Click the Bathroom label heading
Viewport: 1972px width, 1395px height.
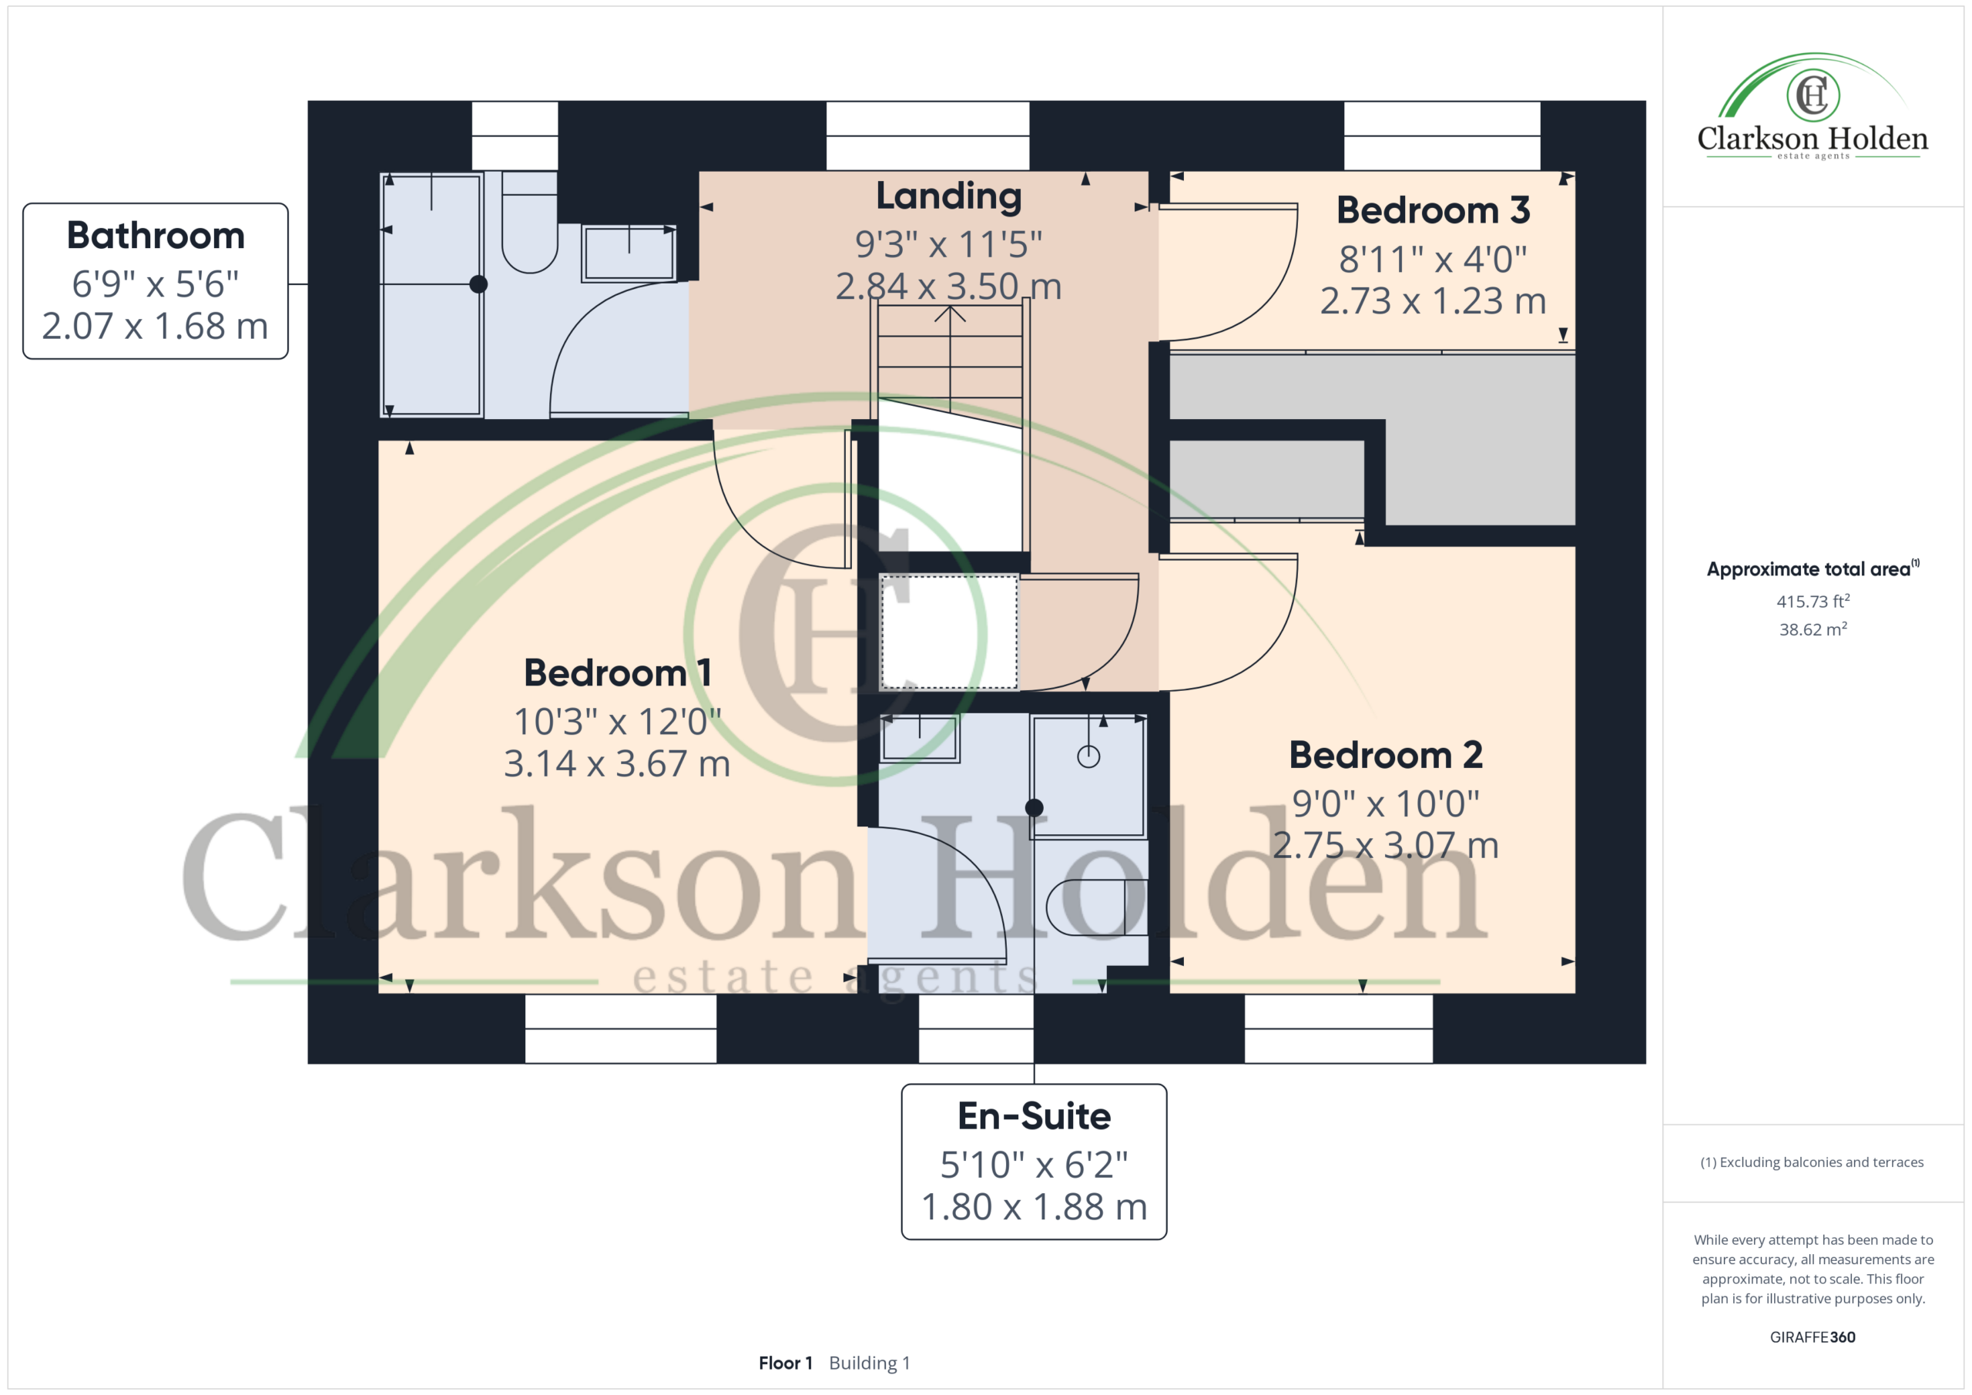pyautogui.click(x=156, y=236)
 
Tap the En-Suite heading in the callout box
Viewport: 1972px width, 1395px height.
pyautogui.click(x=1034, y=1116)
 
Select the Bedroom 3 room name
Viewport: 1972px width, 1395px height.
pyautogui.click(x=1433, y=210)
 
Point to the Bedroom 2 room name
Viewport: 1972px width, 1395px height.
pyautogui.click(x=1385, y=755)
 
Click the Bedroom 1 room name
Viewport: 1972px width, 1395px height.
pyautogui.click(x=618, y=672)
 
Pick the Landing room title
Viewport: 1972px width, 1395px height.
pyautogui.click(x=949, y=196)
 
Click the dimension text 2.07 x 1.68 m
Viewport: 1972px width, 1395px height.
pyautogui.click(x=156, y=327)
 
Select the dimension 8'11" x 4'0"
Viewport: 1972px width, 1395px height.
pyautogui.click(x=1433, y=259)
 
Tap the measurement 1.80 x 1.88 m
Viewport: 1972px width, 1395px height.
pyautogui.click(x=1034, y=1207)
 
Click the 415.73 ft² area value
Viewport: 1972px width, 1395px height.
pyautogui.click(x=1813, y=602)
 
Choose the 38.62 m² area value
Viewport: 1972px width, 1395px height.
pyautogui.click(x=1813, y=629)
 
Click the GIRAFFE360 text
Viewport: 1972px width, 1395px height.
pyautogui.click(x=1813, y=1336)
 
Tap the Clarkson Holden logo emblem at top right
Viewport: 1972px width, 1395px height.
pyautogui.click(x=1813, y=95)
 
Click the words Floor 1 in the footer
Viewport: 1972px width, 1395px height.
pyautogui.click(x=785, y=1363)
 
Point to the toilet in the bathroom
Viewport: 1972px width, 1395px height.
pyautogui.click(x=529, y=222)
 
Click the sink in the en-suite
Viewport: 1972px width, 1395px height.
pyautogui.click(x=919, y=737)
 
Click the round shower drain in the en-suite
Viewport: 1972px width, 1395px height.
pyautogui.click(x=1088, y=756)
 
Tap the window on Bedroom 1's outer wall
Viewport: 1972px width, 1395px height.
pyautogui.click(x=620, y=1028)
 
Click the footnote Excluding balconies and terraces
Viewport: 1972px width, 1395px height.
pyautogui.click(x=1813, y=1162)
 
